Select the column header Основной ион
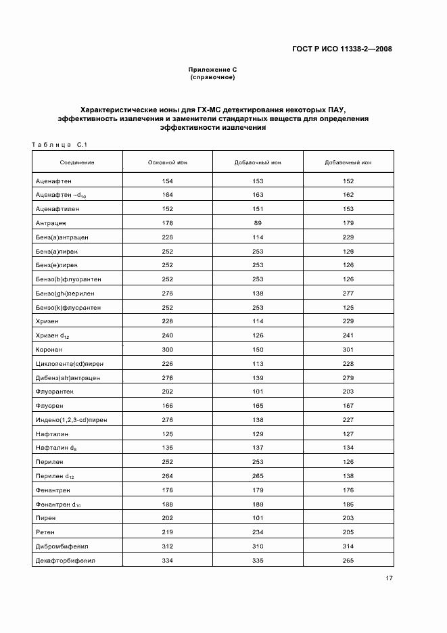168,162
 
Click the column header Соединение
77,162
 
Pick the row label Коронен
49,349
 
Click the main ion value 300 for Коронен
168,349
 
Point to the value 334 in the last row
168,559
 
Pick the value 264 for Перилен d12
168,475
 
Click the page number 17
389,578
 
